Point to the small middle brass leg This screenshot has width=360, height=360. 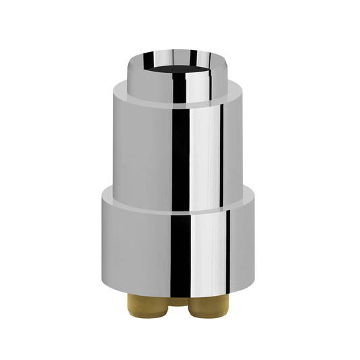coord(177,300)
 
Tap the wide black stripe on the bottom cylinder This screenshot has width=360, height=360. coord(180,250)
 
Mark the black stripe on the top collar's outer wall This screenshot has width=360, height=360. coord(180,88)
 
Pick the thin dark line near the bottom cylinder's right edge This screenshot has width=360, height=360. coord(228,250)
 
